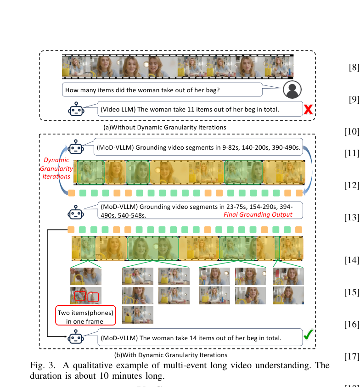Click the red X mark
(308, 109)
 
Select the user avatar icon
(292, 90)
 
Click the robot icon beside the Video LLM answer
(76, 109)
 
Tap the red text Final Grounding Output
(258, 214)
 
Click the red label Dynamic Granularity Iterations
(56, 168)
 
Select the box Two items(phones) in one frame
(85, 315)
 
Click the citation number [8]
(354, 67)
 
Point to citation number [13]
(352, 218)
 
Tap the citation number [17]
(352, 356)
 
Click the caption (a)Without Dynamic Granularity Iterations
(165, 127)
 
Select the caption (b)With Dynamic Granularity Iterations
(171, 355)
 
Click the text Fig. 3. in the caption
(42, 365)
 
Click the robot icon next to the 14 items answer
(76, 337)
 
